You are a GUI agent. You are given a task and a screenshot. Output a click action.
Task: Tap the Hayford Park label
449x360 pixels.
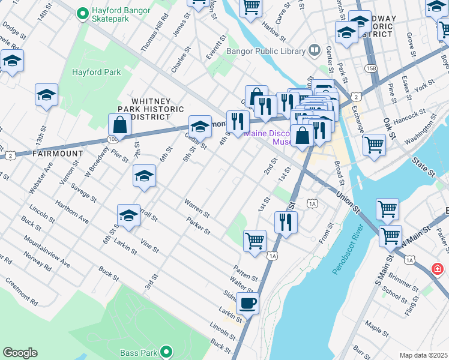96,73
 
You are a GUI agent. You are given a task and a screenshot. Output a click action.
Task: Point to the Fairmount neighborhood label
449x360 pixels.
58,154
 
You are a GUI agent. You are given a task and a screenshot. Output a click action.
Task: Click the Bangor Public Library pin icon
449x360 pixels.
313,51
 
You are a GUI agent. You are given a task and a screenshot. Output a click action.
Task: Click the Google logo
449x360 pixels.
20,353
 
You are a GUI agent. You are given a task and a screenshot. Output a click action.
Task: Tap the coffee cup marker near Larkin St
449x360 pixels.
247,303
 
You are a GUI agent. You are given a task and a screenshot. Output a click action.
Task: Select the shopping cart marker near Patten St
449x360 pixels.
255,240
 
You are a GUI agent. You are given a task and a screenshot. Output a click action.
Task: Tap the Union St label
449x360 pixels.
348,204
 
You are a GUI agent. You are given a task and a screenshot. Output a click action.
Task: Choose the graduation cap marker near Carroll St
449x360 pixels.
128,216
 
